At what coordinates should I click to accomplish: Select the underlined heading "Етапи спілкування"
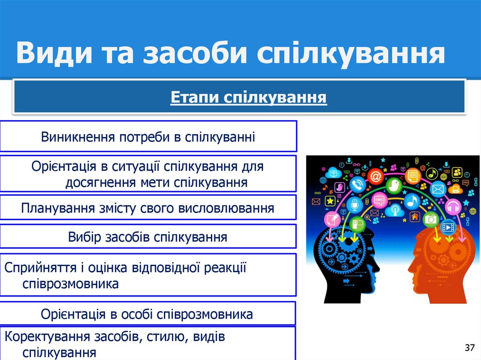[x=248, y=98]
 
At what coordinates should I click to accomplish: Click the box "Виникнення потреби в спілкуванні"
[x=148, y=137]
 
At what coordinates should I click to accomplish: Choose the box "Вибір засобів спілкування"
[x=148, y=237]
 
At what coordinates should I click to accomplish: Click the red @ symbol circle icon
[x=375, y=177]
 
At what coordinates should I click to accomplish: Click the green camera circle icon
[x=430, y=219]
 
